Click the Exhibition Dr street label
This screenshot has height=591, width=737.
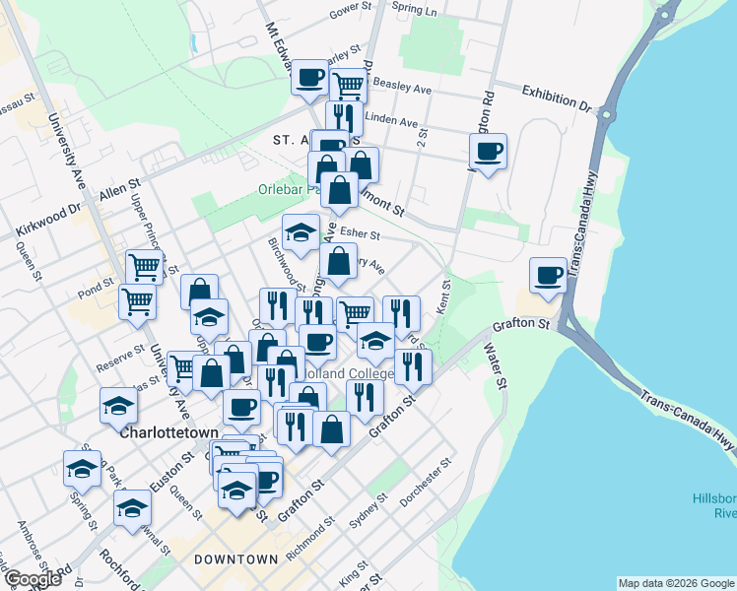[x=555, y=92]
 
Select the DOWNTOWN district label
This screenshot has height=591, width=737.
[x=235, y=559]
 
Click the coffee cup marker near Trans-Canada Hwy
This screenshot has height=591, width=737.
[x=548, y=275]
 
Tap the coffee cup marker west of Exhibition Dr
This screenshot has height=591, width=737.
[x=488, y=151]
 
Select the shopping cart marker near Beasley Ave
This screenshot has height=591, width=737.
[x=348, y=85]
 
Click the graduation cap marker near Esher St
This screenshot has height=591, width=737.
[x=301, y=232]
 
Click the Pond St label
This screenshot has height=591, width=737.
[x=94, y=294]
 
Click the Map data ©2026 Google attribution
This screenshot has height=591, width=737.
[x=676, y=583]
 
